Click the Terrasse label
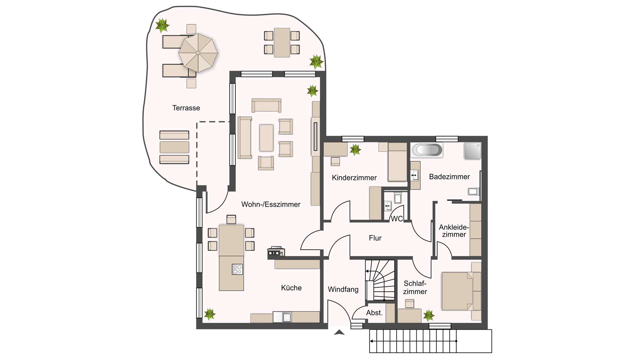pos(186,108)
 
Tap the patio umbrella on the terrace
pos(198,53)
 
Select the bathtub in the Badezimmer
pos(427,150)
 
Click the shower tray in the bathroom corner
pos(473,151)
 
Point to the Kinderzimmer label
pos(354,178)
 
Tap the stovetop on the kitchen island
pos(237,269)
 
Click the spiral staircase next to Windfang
pos(380,280)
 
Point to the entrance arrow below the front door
pos(339,332)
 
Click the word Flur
pos(375,238)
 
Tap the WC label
pos(397,219)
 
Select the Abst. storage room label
pos(374,313)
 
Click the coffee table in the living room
pos(266,138)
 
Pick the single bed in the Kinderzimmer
pos(397,162)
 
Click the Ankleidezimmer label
pos(454,231)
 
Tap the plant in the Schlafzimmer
pos(429,315)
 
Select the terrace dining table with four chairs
pos(282,43)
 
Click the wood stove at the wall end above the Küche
pos(276,252)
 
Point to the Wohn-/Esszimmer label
pos(271,204)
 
